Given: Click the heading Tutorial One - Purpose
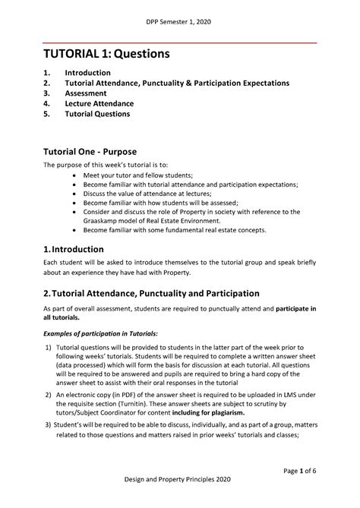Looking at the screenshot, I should tap(99, 151).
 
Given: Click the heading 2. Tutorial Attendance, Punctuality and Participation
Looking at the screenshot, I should tap(151, 293).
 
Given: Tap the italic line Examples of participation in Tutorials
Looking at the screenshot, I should tap(100, 334).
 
